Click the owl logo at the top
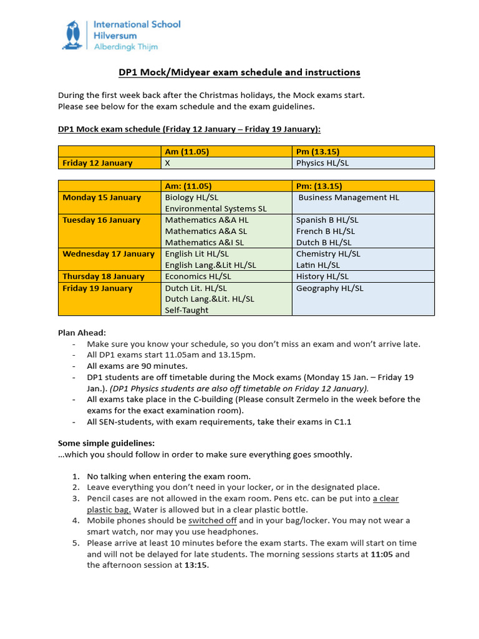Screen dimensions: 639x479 coord(74,35)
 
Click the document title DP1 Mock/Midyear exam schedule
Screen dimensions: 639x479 coord(239,72)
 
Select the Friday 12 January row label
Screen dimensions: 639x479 coord(97,163)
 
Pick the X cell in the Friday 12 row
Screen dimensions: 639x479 coord(167,163)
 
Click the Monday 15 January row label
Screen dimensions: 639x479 coord(102,197)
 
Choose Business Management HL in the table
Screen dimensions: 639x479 coord(349,197)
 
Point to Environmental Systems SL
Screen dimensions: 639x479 coord(215,208)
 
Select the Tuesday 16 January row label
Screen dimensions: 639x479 coord(102,220)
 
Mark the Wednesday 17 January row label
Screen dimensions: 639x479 coord(109,253)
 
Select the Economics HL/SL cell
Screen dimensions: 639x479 coord(198,276)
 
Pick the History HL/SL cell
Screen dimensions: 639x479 coord(322,276)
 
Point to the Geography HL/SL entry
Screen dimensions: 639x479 coord(329,288)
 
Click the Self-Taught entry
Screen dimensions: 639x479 coord(186,310)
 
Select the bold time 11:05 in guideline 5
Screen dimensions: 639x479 coord(381,554)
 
